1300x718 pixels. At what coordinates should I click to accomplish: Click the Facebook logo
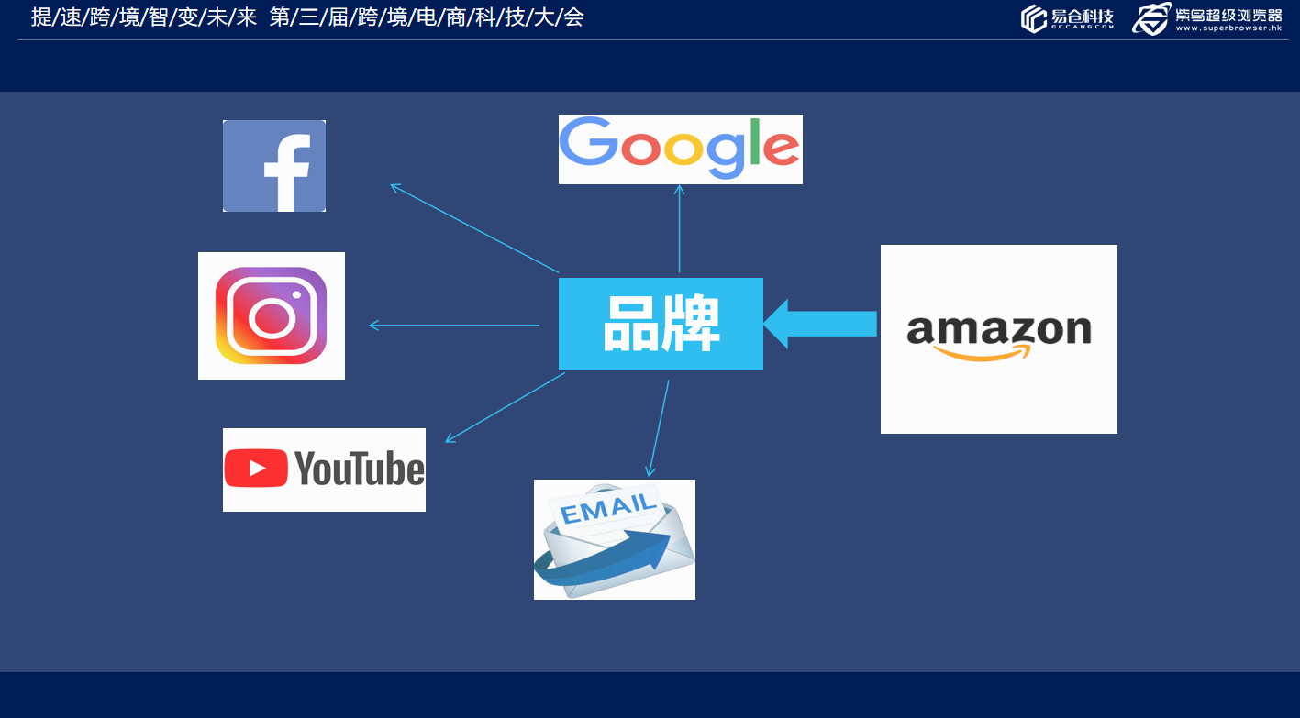274,166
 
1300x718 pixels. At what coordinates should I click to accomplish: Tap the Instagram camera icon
272,315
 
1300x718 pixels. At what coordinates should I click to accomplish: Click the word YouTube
360,469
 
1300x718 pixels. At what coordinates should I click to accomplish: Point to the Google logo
680,149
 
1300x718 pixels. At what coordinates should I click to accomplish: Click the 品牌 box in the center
661,324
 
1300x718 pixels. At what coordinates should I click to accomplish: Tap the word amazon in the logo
998,328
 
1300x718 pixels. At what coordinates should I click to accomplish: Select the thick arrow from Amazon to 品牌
820,324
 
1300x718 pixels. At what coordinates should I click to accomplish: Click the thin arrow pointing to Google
680,228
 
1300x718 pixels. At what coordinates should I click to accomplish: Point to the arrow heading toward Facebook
474,228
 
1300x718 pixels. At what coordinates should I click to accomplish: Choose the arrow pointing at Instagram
454,326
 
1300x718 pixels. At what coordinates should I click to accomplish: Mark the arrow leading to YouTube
505,408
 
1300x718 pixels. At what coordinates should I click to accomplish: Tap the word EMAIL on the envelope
607,509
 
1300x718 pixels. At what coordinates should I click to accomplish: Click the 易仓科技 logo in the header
1067,18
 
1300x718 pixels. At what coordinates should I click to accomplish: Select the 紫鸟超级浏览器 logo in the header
1206,18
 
